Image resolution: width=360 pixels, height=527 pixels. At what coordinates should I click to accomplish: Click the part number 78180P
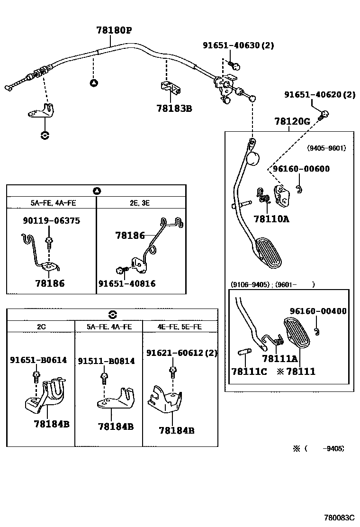click(x=114, y=31)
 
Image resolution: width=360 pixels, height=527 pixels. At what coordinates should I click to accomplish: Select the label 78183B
click(x=174, y=108)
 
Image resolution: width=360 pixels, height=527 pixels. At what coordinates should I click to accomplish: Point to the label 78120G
click(x=292, y=121)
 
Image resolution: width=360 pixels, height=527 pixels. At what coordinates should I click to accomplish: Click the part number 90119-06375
click(x=51, y=220)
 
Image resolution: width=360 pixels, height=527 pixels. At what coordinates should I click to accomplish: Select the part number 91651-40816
click(x=127, y=283)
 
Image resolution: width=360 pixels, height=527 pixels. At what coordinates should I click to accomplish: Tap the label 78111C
click(x=249, y=372)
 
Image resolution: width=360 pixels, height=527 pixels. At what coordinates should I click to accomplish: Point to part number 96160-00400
click(x=318, y=311)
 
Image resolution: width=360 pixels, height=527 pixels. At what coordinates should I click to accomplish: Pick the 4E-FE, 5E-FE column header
click(x=180, y=327)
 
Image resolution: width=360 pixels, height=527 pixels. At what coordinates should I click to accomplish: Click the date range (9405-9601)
click(x=326, y=148)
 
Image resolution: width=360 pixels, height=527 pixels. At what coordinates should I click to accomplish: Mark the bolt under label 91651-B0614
click(x=36, y=376)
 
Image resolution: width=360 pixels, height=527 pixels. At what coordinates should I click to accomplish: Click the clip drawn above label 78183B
click(x=169, y=88)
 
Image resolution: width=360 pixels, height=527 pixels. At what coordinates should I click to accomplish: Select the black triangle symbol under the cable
click(x=94, y=83)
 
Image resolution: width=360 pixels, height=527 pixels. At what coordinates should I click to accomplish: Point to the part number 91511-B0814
click(x=106, y=361)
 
